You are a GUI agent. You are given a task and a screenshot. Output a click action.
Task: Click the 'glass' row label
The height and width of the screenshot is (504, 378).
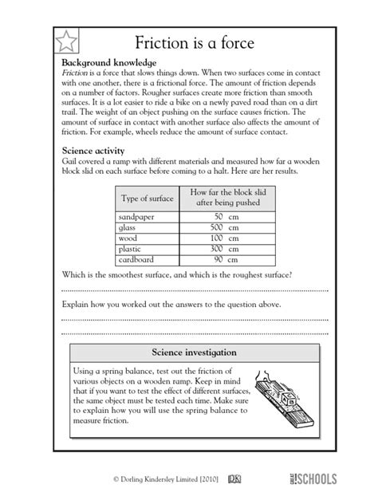pyautogui.click(x=129, y=227)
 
